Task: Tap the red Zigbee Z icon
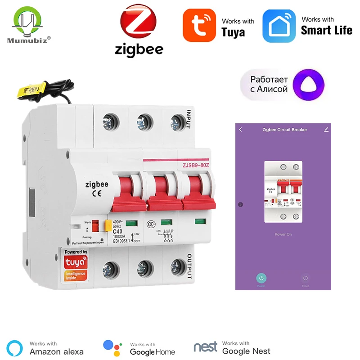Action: (139, 23)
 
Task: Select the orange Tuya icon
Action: (199, 26)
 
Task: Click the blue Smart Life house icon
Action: (279, 26)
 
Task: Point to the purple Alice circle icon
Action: (308, 84)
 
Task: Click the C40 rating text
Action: (117, 230)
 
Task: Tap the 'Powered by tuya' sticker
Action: (76, 265)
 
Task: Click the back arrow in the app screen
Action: (241, 130)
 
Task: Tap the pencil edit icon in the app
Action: (326, 130)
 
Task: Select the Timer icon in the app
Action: (305, 279)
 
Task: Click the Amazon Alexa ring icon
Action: (16, 347)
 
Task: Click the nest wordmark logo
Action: (206, 347)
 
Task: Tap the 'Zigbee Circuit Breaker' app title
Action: (284, 130)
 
